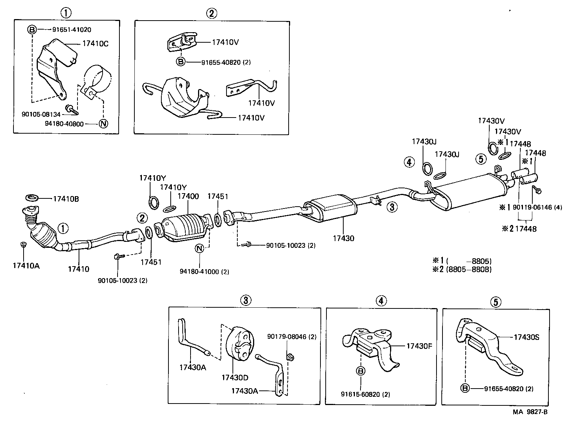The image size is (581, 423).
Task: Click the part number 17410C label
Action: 94,43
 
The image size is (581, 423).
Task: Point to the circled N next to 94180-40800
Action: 103,124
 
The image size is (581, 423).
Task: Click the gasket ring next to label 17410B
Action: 32,197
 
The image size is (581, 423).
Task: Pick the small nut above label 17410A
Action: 23,244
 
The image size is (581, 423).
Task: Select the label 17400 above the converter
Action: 188,196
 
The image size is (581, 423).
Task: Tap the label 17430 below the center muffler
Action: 343,238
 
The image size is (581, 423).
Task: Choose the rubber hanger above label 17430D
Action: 238,344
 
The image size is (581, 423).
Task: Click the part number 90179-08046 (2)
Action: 292,337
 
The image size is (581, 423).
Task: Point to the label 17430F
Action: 419,346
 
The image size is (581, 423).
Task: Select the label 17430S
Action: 526,337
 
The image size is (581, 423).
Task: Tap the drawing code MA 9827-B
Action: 530,412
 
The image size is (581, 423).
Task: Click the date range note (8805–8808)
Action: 468,269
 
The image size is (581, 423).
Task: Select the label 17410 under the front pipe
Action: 79,269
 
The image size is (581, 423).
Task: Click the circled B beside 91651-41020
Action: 32,30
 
